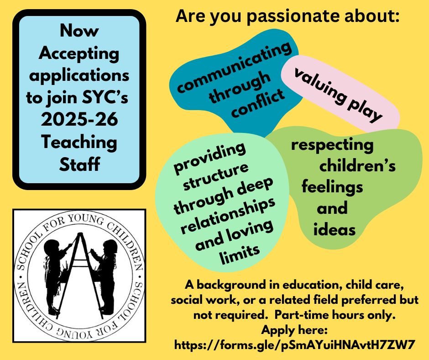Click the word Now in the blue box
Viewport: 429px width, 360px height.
79,31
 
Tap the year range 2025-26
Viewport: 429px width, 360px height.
79,119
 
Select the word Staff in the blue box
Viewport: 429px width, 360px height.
79,164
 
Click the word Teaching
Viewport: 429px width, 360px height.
79,143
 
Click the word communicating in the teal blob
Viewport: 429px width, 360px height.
234,67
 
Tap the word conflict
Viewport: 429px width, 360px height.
258,103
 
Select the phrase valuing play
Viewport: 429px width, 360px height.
338,95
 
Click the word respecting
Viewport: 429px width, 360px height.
332,145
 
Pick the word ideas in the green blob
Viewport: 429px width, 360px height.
335,229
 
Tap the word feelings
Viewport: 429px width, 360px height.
332,187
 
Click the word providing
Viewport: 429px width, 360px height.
210,159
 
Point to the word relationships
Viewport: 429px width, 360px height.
228,216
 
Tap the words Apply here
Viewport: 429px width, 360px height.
294,330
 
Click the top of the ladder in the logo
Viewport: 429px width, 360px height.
80,234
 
